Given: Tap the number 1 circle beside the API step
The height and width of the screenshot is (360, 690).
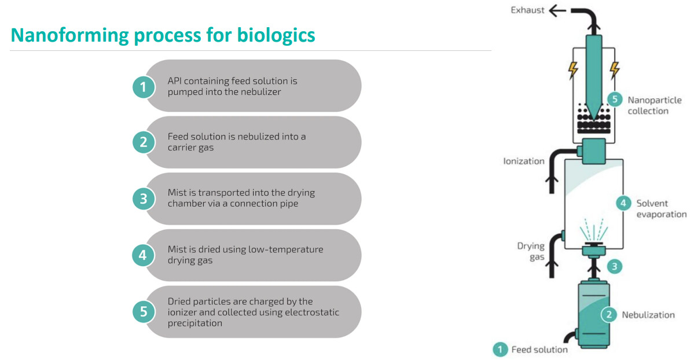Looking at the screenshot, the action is tap(144, 87).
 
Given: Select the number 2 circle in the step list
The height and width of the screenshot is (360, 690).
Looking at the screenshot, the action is tap(144, 142).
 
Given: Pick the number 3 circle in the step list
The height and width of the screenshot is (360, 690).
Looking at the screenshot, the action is tap(144, 199).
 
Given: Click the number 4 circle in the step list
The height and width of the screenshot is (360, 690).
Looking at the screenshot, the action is tap(143, 255).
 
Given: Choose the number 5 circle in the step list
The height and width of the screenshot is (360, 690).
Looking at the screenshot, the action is tap(144, 311).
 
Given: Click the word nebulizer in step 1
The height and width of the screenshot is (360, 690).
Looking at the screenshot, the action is tap(260, 92).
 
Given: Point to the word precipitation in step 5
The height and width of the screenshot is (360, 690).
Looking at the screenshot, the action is tap(194, 324).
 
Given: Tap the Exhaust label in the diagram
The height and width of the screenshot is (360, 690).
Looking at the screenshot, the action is tap(527, 10).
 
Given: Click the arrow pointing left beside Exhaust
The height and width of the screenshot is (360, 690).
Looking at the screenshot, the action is tap(557, 10).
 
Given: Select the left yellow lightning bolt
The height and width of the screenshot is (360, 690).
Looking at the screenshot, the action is tap(572, 70).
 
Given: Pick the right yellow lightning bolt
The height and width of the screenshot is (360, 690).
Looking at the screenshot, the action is tap(615, 70).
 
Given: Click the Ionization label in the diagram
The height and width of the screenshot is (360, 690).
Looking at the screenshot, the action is tap(524, 161).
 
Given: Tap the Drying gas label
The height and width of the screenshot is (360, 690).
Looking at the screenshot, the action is tap(531, 251).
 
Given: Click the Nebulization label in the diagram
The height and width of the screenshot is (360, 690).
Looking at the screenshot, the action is tap(648, 315).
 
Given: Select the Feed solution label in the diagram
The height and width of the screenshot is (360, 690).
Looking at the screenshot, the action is tap(539, 350).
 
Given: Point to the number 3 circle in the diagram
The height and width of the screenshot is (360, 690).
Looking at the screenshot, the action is tap(614, 266).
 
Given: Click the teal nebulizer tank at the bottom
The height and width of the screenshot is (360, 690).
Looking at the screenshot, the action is tap(594, 315).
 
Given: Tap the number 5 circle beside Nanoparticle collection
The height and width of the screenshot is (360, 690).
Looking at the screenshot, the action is tap(615, 99).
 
